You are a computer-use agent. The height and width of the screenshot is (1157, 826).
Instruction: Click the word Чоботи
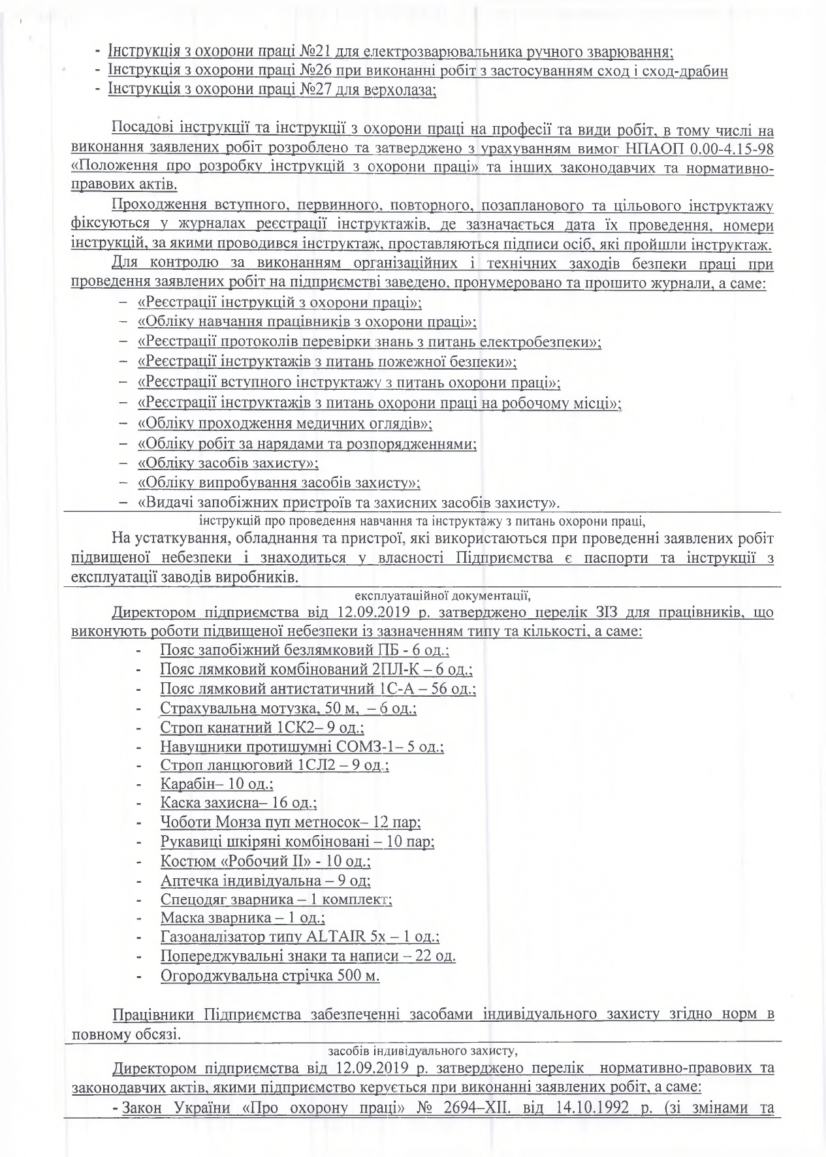pyautogui.click(x=183, y=823)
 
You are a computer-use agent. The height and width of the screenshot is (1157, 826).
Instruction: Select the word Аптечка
pyautogui.click(x=187, y=880)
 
